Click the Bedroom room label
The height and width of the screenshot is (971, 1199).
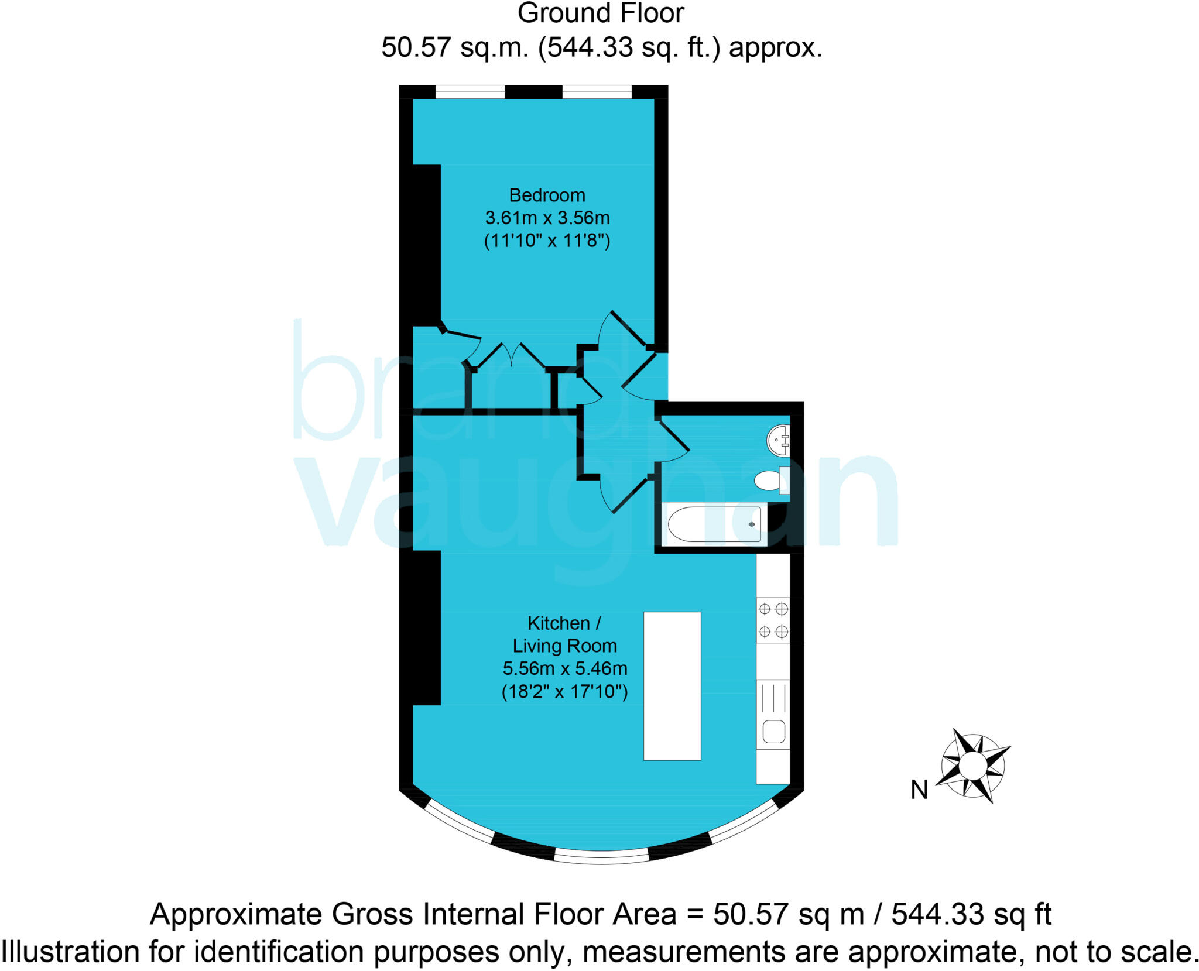(547, 195)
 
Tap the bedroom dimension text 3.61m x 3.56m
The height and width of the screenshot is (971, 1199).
(547, 218)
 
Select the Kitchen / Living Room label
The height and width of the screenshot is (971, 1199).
(564, 634)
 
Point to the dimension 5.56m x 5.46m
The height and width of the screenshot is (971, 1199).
(564, 668)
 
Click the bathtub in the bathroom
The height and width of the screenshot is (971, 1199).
(714, 524)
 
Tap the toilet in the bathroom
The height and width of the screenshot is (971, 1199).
(769, 481)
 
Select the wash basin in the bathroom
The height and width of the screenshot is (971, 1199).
(779, 440)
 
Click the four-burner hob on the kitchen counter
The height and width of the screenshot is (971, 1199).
(773, 620)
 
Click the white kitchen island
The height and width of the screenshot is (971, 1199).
(672, 686)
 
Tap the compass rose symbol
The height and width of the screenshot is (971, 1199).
(972, 766)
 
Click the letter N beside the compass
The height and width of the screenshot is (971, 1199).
(919, 790)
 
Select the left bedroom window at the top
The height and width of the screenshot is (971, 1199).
(470, 92)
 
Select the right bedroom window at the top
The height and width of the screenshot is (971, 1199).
(597, 92)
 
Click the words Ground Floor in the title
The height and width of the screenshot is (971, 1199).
(601, 13)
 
